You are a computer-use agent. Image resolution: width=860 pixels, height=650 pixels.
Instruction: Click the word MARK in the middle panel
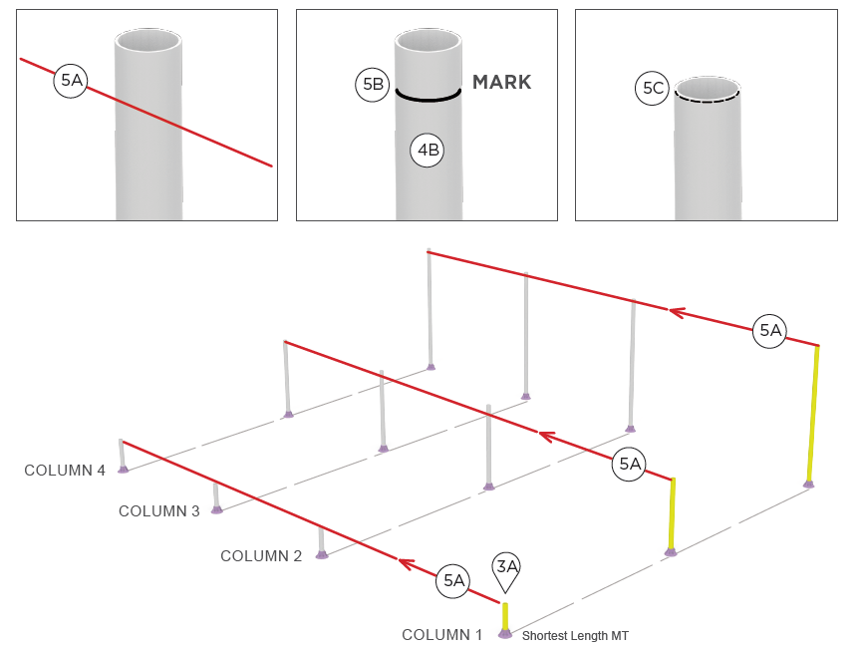pos(501,83)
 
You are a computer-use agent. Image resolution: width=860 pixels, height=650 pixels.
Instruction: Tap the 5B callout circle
pos(371,85)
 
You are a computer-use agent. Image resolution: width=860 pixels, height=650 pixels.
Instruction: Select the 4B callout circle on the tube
pos(428,152)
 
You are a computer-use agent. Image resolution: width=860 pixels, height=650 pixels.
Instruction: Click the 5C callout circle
pos(653,89)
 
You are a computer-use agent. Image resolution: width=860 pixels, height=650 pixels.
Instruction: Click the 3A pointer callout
pos(507,568)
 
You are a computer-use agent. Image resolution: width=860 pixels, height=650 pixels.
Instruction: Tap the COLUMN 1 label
pos(441,635)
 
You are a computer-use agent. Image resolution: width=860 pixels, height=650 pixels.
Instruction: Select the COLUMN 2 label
pos(260,556)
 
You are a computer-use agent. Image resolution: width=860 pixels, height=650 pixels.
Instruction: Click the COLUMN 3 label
pos(158,511)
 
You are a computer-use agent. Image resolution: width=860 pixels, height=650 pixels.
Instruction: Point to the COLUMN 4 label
pos(65,471)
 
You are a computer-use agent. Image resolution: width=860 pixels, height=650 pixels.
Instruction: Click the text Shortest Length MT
pos(575,636)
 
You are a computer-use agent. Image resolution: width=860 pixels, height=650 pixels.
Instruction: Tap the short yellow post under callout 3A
pos(505,615)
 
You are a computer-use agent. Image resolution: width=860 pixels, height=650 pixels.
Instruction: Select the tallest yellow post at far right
pos(814,414)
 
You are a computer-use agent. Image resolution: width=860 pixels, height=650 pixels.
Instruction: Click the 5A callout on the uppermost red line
pos(769,331)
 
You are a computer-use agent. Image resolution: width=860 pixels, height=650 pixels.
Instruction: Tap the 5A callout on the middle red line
pos(630,464)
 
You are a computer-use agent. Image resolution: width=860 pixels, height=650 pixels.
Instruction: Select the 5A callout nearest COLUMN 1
pos(453,580)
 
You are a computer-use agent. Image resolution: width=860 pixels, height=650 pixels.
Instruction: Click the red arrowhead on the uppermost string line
pos(677,313)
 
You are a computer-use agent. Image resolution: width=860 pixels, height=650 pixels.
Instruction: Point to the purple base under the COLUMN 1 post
pos(505,633)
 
